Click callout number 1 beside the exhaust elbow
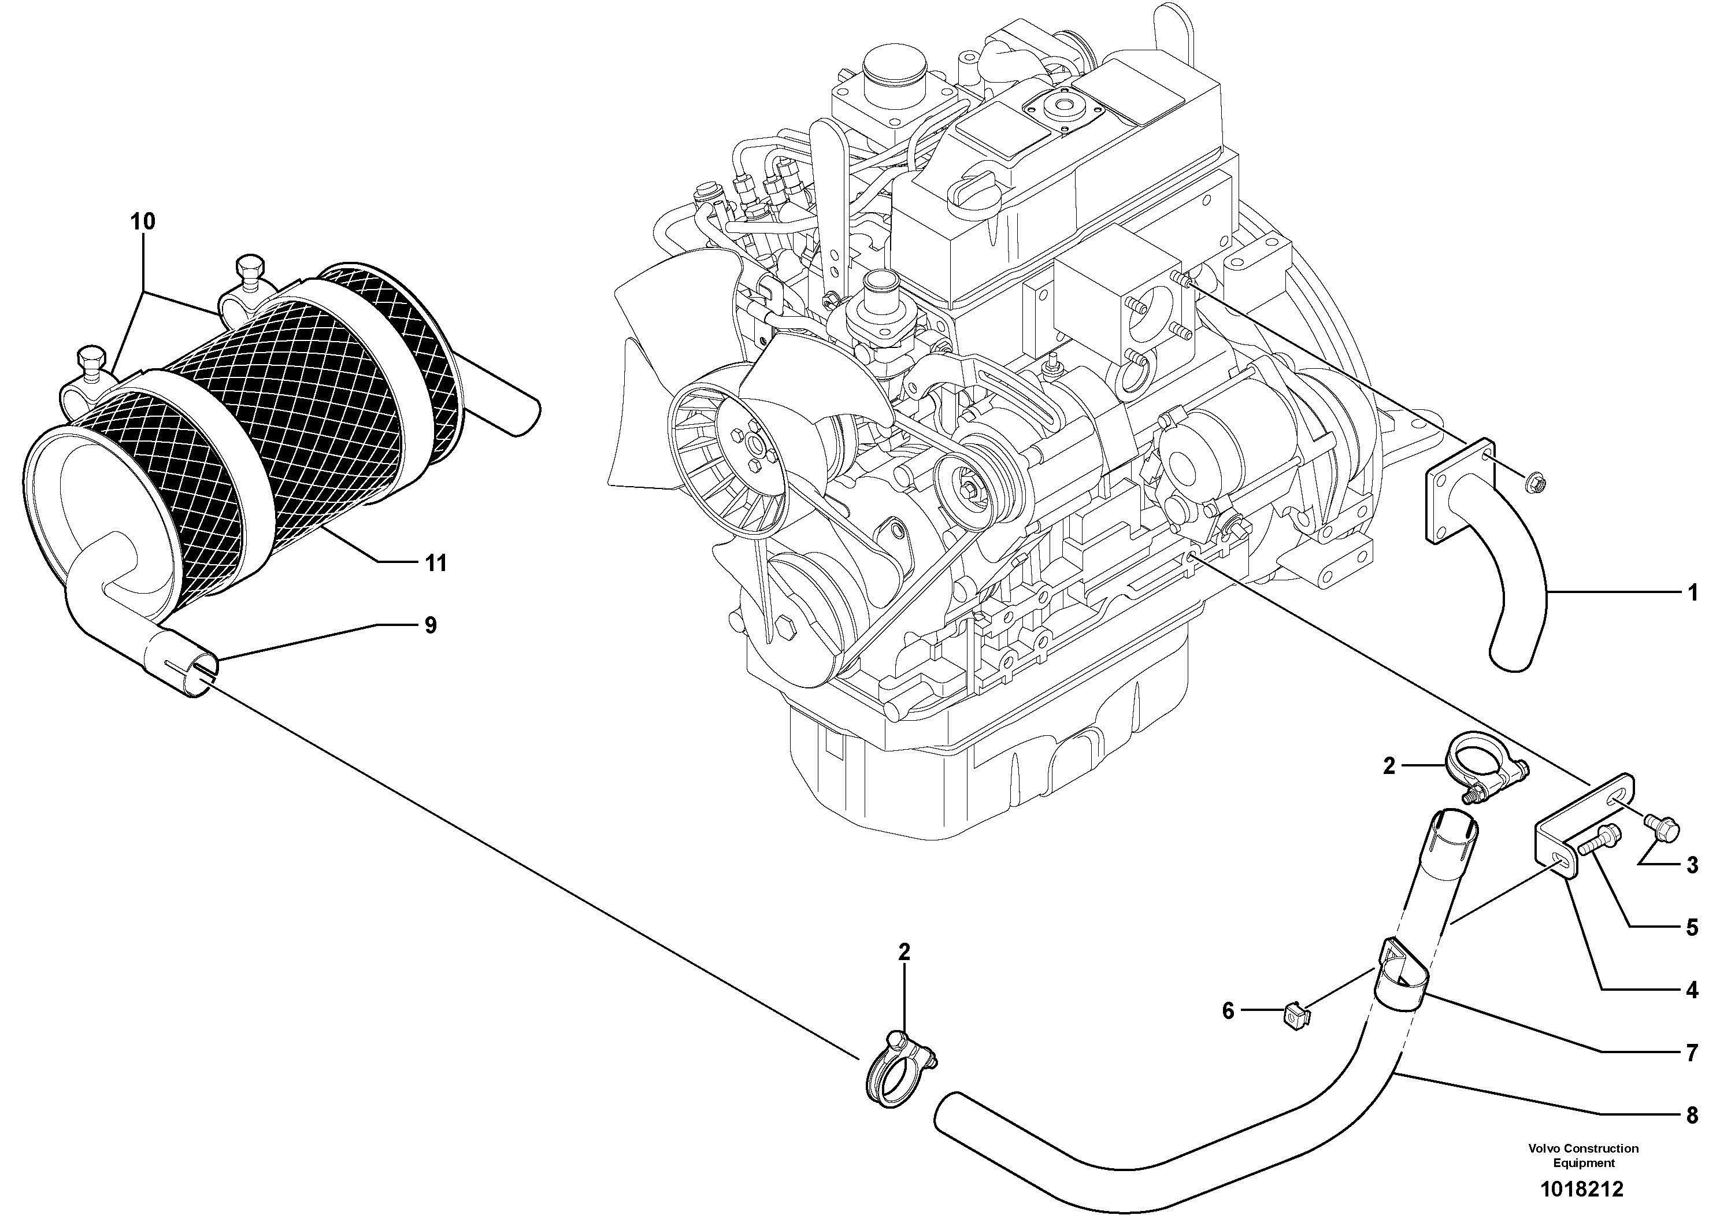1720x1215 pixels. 1692,593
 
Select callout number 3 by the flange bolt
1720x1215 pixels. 1692,865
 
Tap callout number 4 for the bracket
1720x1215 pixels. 1692,990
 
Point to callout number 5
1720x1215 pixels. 1692,927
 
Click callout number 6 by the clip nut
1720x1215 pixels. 1228,1010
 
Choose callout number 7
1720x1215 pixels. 1692,1053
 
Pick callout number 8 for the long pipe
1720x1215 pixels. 1692,1116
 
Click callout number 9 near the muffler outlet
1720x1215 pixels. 430,625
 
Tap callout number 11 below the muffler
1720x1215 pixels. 435,562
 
